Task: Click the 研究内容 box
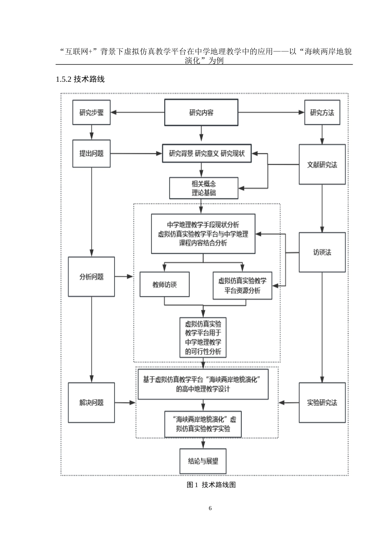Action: pos(201,112)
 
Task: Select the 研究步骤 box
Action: pos(91,112)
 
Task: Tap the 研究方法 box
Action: pos(322,112)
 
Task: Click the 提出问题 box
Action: pos(91,154)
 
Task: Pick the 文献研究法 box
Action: pos(322,164)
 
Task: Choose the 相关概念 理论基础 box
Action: pos(204,189)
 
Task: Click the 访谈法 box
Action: pos(322,252)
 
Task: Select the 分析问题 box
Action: pos(91,276)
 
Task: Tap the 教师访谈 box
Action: pos(165,284)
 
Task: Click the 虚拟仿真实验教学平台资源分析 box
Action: pos(242,285)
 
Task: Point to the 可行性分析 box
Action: pos(203,337)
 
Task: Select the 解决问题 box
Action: pos(91,402)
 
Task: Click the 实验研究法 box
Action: pos(322,402)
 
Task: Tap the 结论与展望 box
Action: pos(203,461)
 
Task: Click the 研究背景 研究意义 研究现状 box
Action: pos(206,154)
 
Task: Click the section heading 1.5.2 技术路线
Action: pos(80,79)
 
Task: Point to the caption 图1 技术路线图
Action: pos(211,485)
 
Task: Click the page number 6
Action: pos(210,508)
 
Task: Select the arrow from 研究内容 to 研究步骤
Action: pos(138,112)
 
